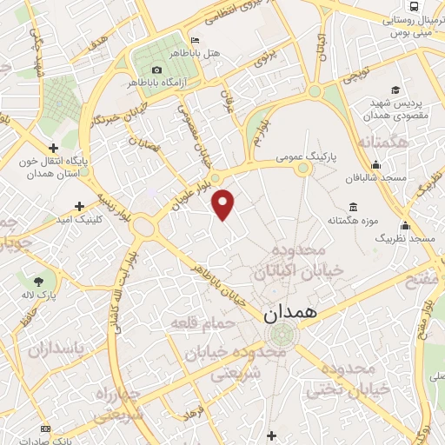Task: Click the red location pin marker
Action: [x=224, y=203]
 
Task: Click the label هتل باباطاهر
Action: [x=219, y=54]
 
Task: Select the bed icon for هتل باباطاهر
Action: [x=195, y=40]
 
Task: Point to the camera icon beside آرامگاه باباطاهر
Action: [x=156, y=70]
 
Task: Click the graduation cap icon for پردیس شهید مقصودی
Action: [x=395, y=90]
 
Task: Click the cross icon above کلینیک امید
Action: [x=80, y=207]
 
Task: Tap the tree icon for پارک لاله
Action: [x=38, y=281]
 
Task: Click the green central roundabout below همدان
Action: [x=281, y=335]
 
